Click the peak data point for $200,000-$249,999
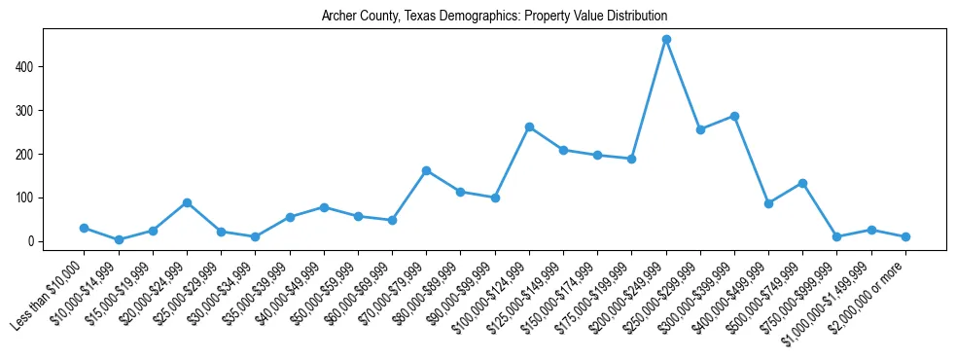(666, 40)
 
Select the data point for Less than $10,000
(85, 228)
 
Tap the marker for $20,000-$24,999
(187, 202)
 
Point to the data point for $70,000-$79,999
(426, 170)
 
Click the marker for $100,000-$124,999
(529, 126)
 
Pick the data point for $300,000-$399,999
(734, 116)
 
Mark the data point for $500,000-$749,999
(802, 183)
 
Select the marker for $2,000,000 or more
(905, 236)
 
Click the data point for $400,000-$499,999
(768, 203)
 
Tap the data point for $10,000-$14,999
(119, 239)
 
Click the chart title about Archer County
(494, 17)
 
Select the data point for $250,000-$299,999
(700, 129)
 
